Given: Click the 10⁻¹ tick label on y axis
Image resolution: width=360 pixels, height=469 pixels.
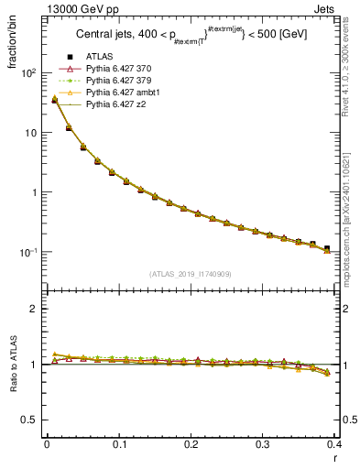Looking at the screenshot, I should [x=27, y=252].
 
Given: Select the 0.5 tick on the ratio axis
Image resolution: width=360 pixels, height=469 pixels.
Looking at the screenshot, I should [x=29, y=420].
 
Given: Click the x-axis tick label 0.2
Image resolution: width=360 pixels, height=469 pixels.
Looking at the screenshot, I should [x=191, y=446].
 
